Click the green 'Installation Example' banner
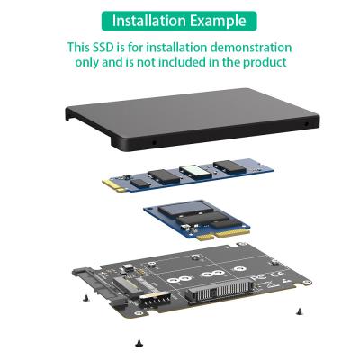(x=180, y=18)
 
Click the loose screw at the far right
(x=297, y=310)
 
